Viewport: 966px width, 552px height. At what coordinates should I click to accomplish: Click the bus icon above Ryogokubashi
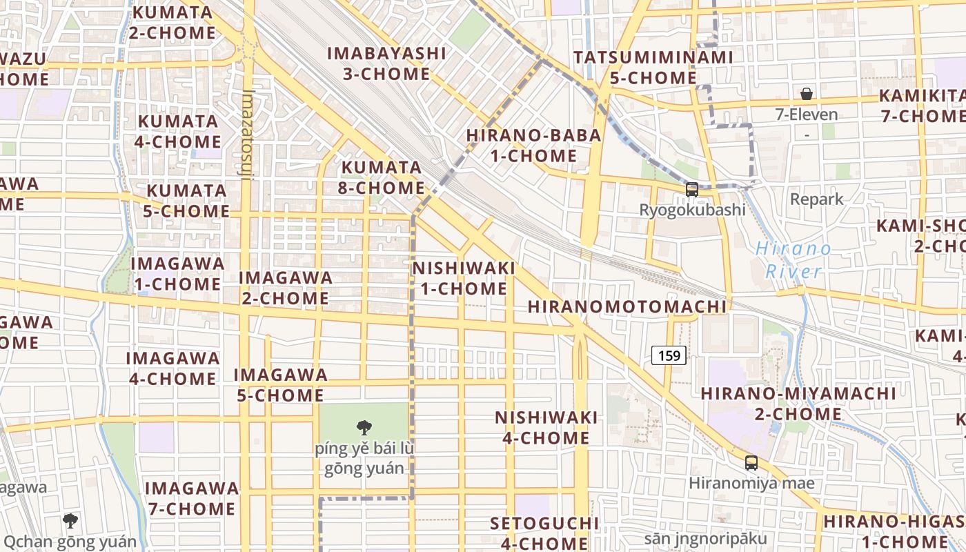click(x=691, y=189)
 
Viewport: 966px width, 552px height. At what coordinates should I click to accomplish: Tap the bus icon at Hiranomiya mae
click(x=751, y=463)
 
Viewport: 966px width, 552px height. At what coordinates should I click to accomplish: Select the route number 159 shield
click(x=669, y=356)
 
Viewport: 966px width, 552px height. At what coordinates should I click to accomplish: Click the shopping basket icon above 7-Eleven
click(x=806, y=94)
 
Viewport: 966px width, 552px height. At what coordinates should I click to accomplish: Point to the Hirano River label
click(x=793, y=260)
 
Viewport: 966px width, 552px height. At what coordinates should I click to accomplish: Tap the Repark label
click(x=816, y=199)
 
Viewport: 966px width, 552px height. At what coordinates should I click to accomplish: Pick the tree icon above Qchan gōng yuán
click(x=70, y=521)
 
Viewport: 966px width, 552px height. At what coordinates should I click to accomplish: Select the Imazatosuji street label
click(x=249, y=135)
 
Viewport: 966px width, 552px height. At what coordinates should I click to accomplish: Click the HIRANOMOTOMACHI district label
click(x=627, y=307)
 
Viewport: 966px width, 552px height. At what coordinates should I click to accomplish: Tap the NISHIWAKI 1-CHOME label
click(x=464, y=278)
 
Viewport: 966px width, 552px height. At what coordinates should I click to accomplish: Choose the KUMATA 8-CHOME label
click(x=383, y=177)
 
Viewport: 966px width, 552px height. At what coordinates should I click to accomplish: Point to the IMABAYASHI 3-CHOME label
click(x=386, y=63)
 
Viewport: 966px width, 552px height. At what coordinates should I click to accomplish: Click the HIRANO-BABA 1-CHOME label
click(x=533, y=146)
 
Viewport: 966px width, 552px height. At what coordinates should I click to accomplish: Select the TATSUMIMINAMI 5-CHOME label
click(x=653, y=68)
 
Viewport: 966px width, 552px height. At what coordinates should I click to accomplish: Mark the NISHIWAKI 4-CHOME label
click(x=546, y=428)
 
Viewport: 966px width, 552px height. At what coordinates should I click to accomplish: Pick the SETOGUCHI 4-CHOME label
click(x=544, y=533)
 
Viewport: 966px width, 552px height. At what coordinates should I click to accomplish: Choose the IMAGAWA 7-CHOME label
click(x=190, y=499)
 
